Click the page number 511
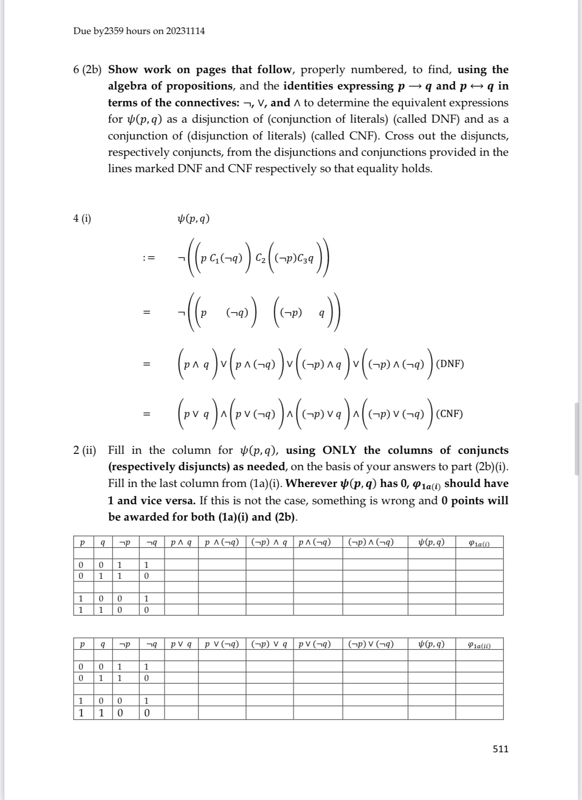coord(500,749)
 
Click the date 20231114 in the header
coord(185,31)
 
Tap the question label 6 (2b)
coord(87,70)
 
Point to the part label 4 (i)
coord(82,219)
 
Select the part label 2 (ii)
coord(84,450)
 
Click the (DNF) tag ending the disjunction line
coord(449,364)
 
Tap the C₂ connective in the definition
coord(261,258)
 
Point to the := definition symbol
coord(148,258)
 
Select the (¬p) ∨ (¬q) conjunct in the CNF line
coord(396,414)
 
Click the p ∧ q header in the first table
coord(181,542)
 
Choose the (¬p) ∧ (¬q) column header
coord(371,542)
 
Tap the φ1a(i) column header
coord(479,543)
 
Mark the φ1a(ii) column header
coord(479,645)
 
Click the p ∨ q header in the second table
coord(181,644)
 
